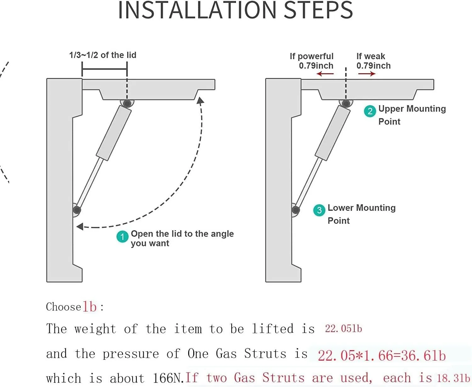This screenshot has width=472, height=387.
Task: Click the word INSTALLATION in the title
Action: (197, 10)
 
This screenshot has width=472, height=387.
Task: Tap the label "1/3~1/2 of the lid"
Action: (103, 55)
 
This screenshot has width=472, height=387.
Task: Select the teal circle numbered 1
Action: (122, 237)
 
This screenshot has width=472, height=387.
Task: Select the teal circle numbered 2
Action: (370, 111)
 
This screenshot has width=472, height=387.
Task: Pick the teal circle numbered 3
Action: (319, 210)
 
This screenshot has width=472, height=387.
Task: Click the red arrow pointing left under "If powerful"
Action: (325, 74)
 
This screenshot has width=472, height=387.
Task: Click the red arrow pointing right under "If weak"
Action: (367, 74)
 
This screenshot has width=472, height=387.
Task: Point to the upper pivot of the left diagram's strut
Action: (127, 103)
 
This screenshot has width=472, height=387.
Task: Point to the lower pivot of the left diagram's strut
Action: (76, 210)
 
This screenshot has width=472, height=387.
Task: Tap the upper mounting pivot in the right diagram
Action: (346, 103)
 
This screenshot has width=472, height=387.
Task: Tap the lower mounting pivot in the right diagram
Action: (295, 210)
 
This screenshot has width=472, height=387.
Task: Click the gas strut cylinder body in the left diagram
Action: (114, 133)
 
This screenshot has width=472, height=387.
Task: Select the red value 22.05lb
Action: (343, 329)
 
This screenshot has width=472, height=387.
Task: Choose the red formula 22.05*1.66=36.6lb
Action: (382, 356)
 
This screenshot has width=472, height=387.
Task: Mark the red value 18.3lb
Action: (453, 378)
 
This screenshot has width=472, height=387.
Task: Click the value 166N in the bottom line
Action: (168, 378)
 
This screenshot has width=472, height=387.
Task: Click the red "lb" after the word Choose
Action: (90, 307)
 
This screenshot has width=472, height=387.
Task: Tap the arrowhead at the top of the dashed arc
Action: (200, 100)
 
